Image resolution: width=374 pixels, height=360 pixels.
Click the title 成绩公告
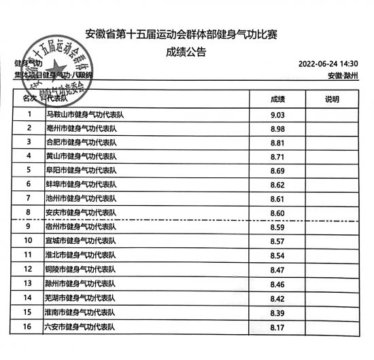(186, 50)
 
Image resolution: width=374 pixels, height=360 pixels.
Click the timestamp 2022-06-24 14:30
(328, 64)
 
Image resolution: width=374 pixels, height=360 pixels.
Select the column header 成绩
(277, 99)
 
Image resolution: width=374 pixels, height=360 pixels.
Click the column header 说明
(332, 99)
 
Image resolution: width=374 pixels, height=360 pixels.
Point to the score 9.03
(277, 115)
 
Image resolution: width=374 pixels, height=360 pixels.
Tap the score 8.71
(277, 156)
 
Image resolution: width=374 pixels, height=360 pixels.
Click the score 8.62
(277, 184)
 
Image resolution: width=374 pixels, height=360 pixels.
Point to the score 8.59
(277, 227)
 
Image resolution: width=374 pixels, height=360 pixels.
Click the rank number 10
(29, 240)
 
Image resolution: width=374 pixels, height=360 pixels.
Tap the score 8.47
(277, 269)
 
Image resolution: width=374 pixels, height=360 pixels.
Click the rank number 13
(29, 283)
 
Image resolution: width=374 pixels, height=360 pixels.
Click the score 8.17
(277, 327)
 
